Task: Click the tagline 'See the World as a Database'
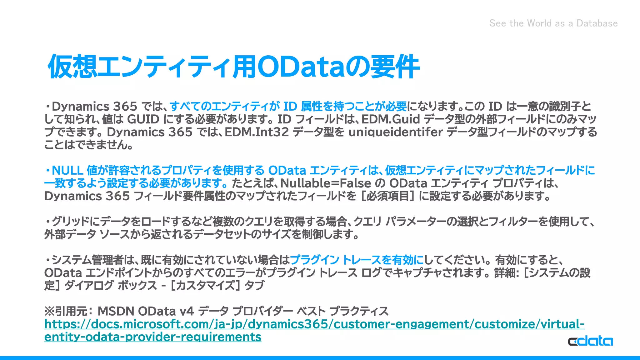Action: tap(553, 23)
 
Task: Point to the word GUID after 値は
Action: tap(143, 119)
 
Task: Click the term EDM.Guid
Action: tap(391, 119)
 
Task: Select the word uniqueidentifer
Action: tap(396, 132)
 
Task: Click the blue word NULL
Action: tap(67, 171)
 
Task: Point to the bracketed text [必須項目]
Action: tap(388, 196)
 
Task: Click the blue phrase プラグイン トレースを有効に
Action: tap(357, 260)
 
